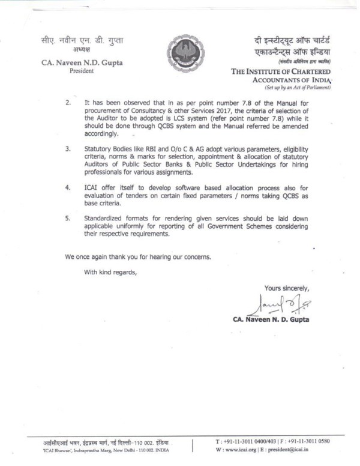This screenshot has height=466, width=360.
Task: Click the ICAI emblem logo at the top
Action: (179, 56)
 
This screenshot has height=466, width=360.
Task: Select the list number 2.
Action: (68, 103)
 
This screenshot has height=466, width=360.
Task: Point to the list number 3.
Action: (68, 148)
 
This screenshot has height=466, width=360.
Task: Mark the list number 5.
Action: (68, 219)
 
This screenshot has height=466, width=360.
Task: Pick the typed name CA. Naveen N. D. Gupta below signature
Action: (271, 319)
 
